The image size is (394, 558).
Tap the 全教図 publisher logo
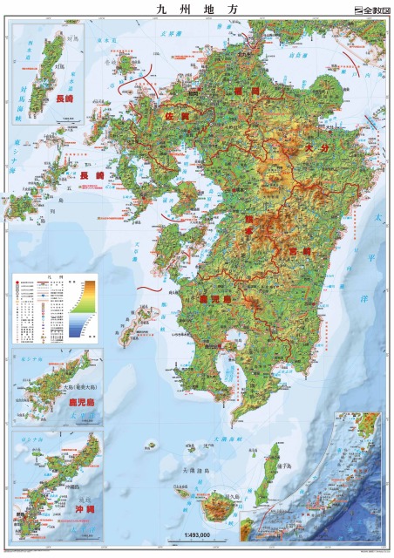coord(368,10)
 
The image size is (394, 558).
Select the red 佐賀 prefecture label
coord(178,115)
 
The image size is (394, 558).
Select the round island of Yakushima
coord(215,507)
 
